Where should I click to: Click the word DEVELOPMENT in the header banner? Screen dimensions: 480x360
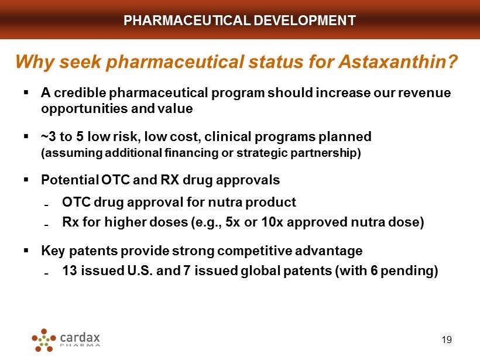pos(304,20)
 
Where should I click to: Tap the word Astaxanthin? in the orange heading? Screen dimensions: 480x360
pos(398,61)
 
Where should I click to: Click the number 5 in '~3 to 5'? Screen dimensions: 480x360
pos(80,136)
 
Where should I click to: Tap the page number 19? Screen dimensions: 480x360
pos(447,340)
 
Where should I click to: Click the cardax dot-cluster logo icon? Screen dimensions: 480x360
pos(44,340)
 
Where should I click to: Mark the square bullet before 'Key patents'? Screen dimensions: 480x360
pos(26,251)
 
